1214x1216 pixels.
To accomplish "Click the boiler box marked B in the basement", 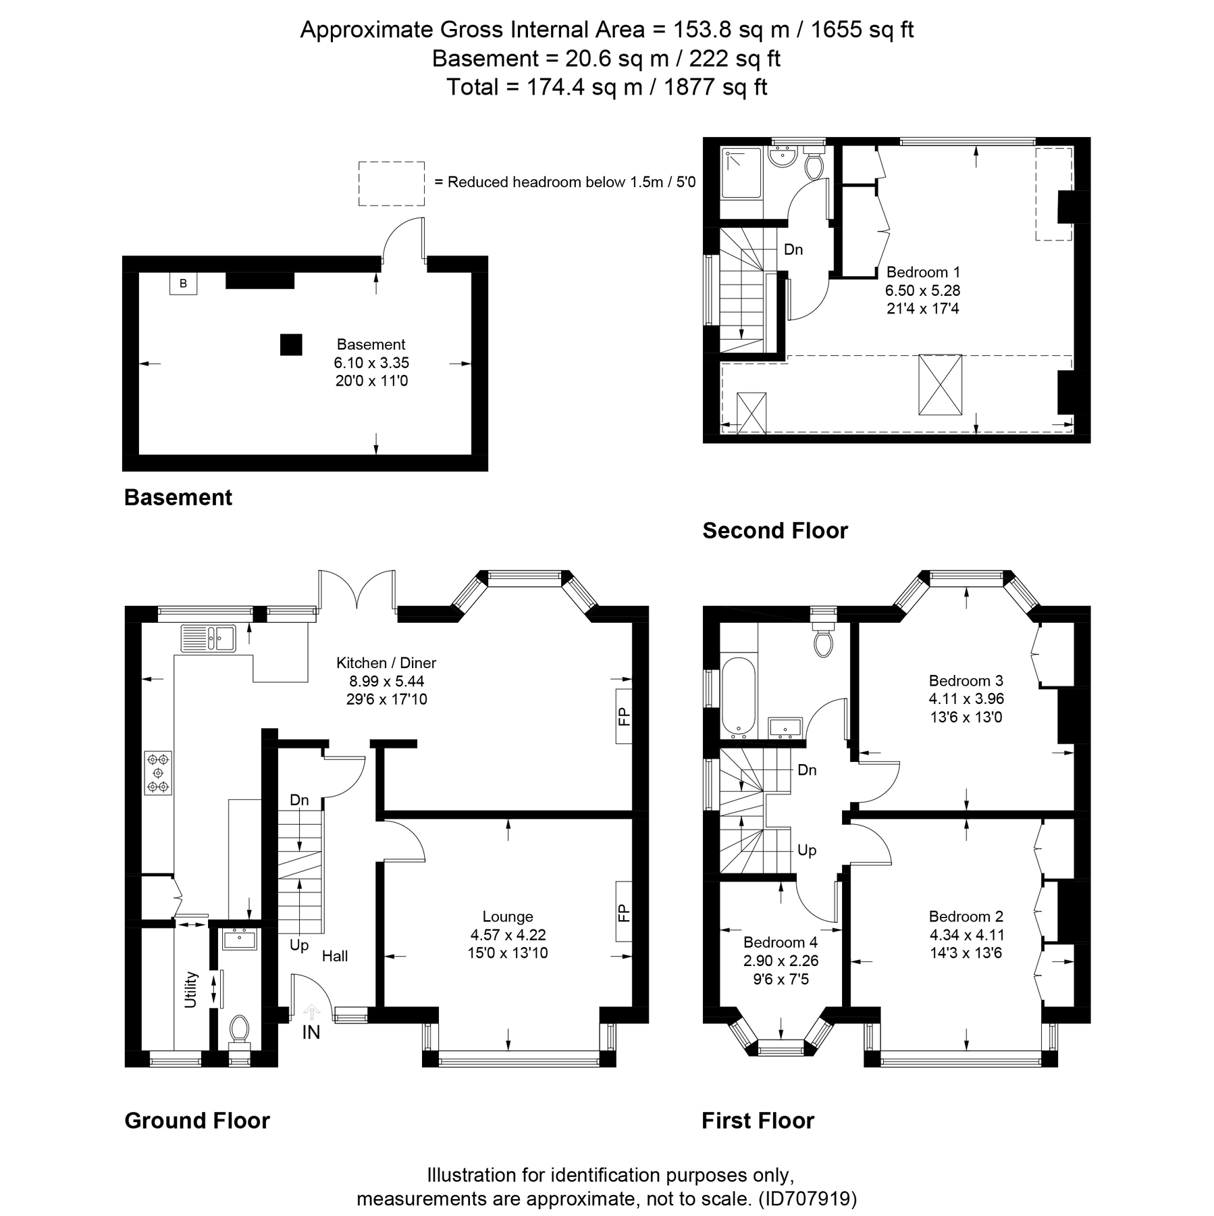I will tap(183, 284).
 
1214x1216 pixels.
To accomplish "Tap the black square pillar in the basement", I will tap(291, 345).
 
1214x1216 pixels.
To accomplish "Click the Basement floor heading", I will tap(178, 497).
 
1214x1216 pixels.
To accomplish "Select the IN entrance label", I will tap(311, 1032).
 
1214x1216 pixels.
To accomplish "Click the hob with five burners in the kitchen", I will tap(158, 772).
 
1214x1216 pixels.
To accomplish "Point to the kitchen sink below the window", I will tap(207, 638).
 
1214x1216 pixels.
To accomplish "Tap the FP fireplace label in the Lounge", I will tap(623, 913).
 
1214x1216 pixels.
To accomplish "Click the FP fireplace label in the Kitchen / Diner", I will tap(623, 716).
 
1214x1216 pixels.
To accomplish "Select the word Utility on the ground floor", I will tap(191, 990).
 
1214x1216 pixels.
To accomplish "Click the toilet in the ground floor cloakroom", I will tap(239, 1030).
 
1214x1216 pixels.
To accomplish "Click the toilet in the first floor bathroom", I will tap(823, 642).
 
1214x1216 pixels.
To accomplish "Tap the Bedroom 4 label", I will tap(780, 942).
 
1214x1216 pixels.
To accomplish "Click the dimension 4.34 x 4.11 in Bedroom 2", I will tap(966, 935).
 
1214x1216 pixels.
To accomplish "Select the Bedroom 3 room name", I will tap(966, 680).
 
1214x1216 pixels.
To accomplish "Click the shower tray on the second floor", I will tap(741, 174).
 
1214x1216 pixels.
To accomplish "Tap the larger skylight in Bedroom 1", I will tap(939, 384).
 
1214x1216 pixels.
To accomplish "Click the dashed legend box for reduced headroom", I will tap(391, 183).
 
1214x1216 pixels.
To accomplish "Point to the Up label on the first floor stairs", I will tap(807, 851).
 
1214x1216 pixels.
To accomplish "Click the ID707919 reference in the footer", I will tap(808, 1199).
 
